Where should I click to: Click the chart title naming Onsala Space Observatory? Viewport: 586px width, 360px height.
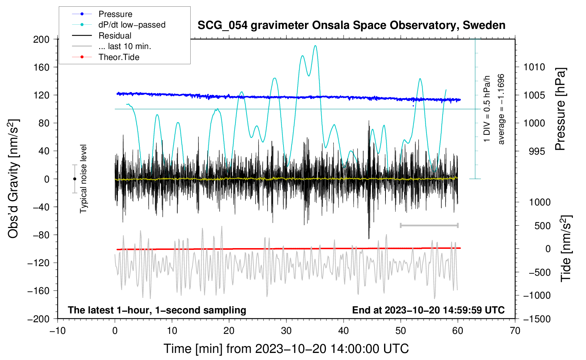pyautogui.click(x=351, y=25)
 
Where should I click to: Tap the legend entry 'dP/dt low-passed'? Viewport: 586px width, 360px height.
pyautogui.click(x=132, y=25)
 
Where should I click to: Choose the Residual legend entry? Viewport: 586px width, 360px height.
pyautogui.click(x=115, y=36)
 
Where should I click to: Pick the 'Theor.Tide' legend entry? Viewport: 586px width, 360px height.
pyautogui.click(x=119, y=57)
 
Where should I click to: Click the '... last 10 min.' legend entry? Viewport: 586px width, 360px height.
pyautogui.click(x=125, y=46)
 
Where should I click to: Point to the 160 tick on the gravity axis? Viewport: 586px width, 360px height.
pyautogui.click(x=41, y=67)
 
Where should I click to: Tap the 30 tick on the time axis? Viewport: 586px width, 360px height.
pyautogui.click(x=286, y=331)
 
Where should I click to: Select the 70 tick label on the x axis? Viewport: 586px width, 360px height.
pyautogui.click(x=515, y=331)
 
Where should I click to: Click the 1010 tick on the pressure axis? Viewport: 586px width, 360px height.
pyautogui.click(x=534, y=67)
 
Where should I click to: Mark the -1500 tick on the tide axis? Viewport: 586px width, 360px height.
pyautogui.click(x=537, y=319)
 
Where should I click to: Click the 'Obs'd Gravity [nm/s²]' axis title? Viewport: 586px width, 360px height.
pyautogui.click(x=13, y=179)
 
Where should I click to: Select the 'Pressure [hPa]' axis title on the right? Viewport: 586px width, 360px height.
pyautogui.click(x=561, y=109)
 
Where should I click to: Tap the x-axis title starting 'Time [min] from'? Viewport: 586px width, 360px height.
pyautogui.click(x=286, y=349)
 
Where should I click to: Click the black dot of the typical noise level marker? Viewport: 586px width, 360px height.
pyautogui.click(x=74, y=179)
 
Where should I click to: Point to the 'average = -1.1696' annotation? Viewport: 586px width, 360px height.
pyautogui.click(x=501, y=109)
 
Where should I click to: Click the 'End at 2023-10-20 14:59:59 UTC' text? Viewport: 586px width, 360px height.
pyautogui.click(x=428, y=310)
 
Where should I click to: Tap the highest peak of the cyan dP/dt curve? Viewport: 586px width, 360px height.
pyautogui.click(x=315, y=46)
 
